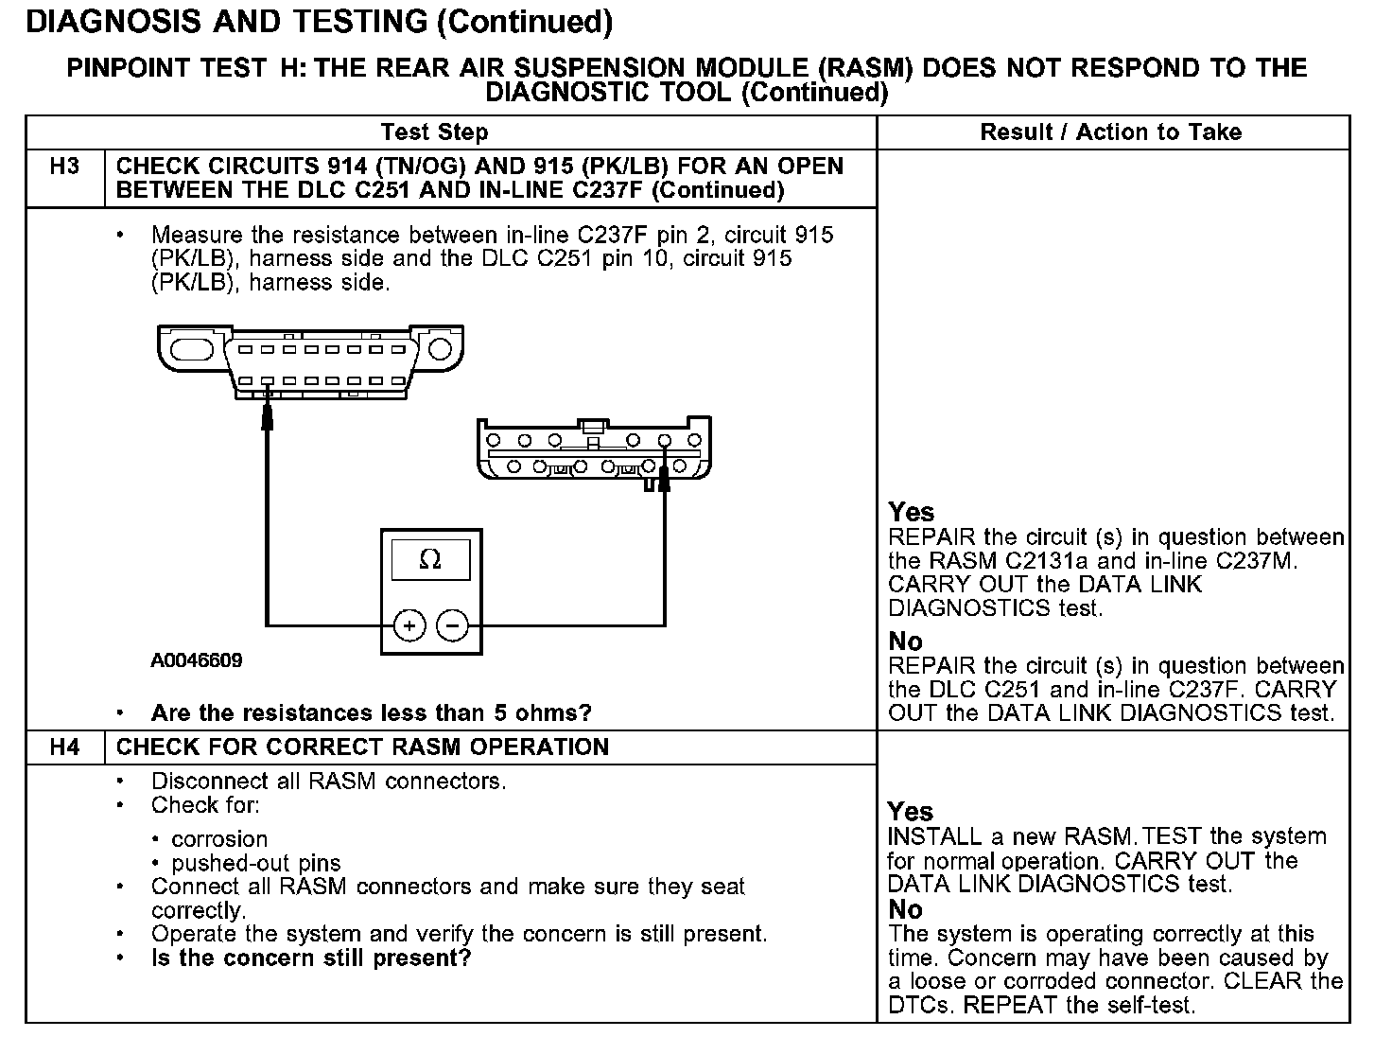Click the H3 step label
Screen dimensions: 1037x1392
(x=64, y=167)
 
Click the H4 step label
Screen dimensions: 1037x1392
(x=64, y=747)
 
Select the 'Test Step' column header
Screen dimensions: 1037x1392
(x=435, y=132)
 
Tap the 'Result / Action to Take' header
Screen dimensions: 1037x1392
(x=1111, y=132)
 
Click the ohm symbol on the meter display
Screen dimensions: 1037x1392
(x=430, y=560)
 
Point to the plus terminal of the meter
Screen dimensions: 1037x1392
(x=409, y=625)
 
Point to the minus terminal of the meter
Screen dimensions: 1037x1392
(x=453, y=625)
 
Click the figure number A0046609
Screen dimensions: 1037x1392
(x=197, y=660)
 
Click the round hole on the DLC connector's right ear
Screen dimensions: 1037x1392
(x=440, y=349)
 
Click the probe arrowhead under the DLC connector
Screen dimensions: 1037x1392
(x=268, y=413)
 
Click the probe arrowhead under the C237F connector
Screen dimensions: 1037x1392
(x=664, y=480)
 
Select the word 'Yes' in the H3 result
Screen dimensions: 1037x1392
(x=912, y=513)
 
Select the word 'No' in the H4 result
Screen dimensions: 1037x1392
(x=905, y=910)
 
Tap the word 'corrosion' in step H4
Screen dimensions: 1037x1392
(x=219, y=839)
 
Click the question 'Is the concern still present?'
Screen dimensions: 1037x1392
(x=311, y=958)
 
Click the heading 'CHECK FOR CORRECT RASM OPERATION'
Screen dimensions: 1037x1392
(x=362, y=747)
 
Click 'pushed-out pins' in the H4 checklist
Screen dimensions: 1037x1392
(x=256, y=863)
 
